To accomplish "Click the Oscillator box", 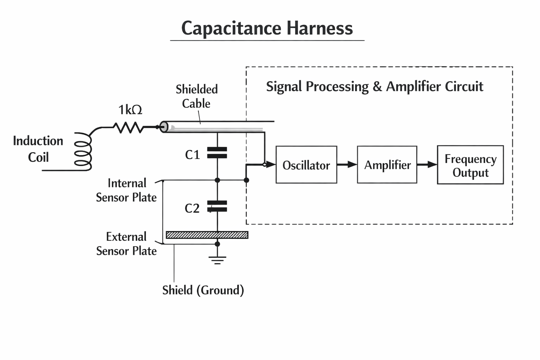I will [x=306, y=165].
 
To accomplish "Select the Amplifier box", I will [x=387, y=165].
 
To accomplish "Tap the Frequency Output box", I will [x=470, y=165].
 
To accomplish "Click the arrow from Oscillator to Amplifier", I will [x=347, y=165].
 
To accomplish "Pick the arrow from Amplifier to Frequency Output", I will [x=427, y=165].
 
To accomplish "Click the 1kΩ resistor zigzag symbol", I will [x=129, y=127].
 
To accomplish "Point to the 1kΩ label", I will [x=130, y=110].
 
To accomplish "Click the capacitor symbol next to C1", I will [x=217, y=153].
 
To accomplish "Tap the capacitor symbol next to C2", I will [x=217, y=206].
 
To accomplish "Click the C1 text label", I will [x=192, y=155].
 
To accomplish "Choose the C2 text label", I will [x=192, y=208].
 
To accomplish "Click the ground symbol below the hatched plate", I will [x=217, y=260].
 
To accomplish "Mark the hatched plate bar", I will [x=207, y=235].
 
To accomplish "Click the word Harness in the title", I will [x=320, y=28].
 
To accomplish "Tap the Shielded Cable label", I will [x=197, y=96].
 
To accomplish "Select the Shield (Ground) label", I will [x=203, y=290].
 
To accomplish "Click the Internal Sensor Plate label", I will [x=127, y=190].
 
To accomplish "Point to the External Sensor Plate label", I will [x=127, y=244].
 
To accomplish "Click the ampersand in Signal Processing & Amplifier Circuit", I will [x=377, y=86].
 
